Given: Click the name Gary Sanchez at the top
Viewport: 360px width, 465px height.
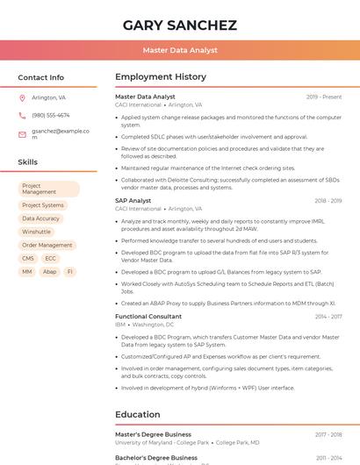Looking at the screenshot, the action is [x=180, y=25].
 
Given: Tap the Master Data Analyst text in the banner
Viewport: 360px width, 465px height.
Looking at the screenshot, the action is [x=180, y=50].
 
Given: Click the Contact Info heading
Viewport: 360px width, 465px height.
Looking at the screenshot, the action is [x=41, y=77].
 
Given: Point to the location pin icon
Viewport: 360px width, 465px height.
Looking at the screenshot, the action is [x=22, y=98].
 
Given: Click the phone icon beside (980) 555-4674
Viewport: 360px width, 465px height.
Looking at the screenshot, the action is [x=22, y=116].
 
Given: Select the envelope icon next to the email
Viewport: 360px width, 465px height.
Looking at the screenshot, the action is [x=22, y=134].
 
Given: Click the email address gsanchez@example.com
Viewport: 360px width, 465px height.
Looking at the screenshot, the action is [x=61, y=133].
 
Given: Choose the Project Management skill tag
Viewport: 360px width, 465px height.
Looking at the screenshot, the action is [x=49, y=189].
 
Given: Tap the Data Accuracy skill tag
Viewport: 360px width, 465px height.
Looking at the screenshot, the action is [x=41, y=218].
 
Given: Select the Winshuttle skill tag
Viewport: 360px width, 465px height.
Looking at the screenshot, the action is [x=37, y=232].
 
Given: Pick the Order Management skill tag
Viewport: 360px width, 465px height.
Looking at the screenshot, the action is [x=47, y=245].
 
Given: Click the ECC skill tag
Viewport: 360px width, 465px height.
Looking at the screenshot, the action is [x=51, y=259].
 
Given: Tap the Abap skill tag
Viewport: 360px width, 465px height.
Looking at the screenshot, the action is [x=50, y=272].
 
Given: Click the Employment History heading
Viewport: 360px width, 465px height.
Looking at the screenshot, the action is [x=161, y=77].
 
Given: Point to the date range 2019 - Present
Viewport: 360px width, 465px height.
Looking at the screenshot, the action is [x=324, y=97].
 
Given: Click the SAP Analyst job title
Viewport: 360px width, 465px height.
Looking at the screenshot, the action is [x=133, y=201].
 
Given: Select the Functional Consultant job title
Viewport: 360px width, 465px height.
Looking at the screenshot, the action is [x=148, y=316].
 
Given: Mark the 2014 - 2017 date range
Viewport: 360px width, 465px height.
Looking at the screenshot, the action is [x=328, y=316].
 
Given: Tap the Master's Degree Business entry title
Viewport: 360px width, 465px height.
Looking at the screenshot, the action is [x=153, y=434].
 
